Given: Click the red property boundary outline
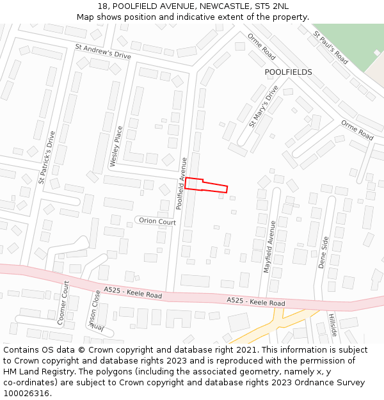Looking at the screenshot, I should pyautogui.click(x=206, y=185).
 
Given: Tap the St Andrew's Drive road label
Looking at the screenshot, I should pyautogui.click(x=102, y=51).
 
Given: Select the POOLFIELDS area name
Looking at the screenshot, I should pyautogui.click(x=288, y=72).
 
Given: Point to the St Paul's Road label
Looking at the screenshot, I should pyautogui.click(x=330, y=47).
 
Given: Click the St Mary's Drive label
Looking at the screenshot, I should pyautogui.click(x=264, y=106).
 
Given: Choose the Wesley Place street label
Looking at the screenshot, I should pyautogui.click(x=116, y=147).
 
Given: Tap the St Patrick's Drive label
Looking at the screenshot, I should pyautogui.click(x=47, y=157).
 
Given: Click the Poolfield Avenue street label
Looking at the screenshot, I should pyautogui.click(x=182, y=184).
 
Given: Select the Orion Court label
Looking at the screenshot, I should pyautogui.click(x=157, y=221).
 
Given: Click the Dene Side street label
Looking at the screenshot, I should pyautogui.click(x=323, y=253).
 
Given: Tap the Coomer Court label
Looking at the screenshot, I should pyautogui.click(x=63, y=302).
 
